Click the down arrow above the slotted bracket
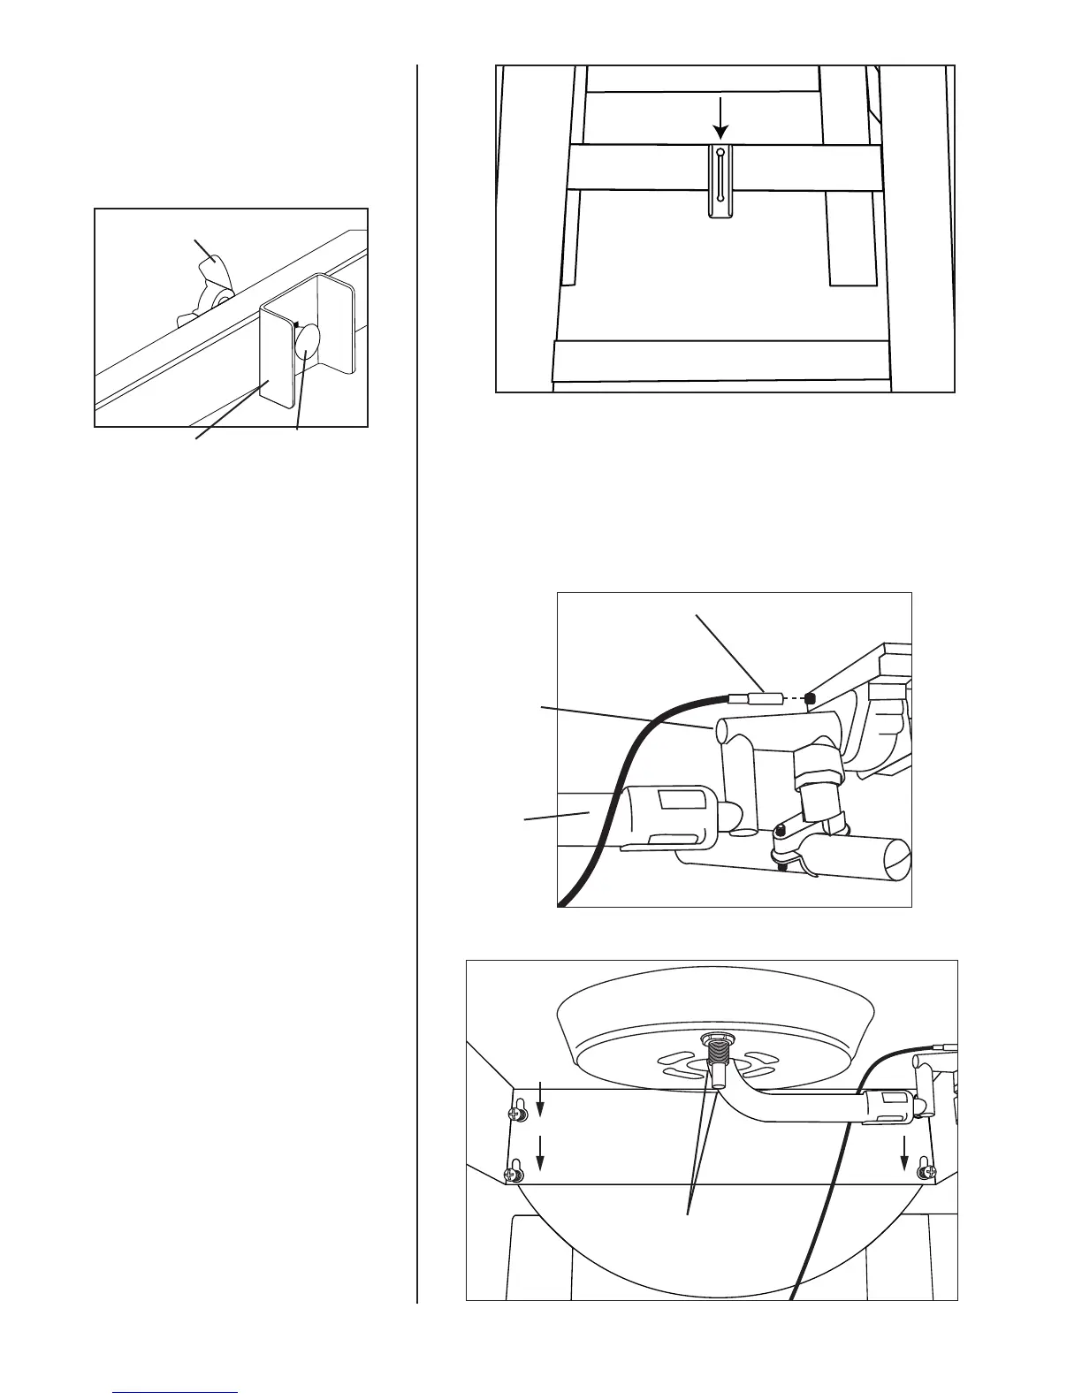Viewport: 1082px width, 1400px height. click(x=721, y=120)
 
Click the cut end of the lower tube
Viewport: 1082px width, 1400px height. click(x=896, y=856)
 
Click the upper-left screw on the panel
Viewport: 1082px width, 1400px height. click(x=516, y=1114)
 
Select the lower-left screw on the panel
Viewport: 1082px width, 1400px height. click(x=510, y=1174)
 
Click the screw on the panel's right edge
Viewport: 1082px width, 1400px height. click(x=925, y=1169)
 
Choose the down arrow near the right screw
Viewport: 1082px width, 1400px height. click(x=903, y=1149)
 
